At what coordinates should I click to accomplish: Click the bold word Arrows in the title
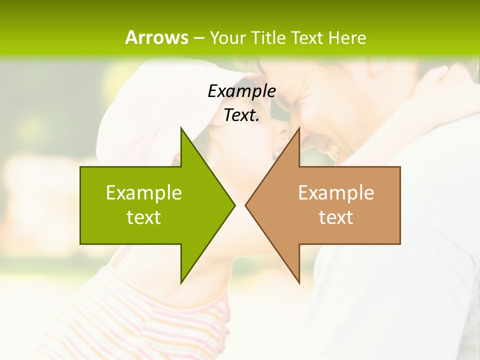156,37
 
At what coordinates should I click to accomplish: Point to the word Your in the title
228,37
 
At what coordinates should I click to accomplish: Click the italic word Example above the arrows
241,91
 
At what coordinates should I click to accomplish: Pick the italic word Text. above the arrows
241,115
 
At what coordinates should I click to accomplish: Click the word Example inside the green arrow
144,192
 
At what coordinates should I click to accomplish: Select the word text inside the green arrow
144,217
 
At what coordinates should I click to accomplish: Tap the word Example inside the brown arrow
336,192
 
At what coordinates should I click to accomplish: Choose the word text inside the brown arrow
336,217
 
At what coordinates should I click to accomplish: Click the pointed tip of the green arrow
234,205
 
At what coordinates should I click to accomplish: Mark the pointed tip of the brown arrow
245,205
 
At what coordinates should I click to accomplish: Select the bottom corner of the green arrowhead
181,283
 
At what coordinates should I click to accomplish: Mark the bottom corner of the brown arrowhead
299,283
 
